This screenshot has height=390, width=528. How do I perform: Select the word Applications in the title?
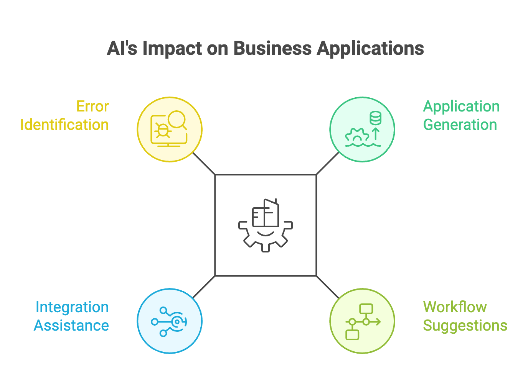(x=370, y=49)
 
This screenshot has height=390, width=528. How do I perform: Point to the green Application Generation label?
(x=461, y=116)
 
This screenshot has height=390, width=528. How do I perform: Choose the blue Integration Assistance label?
(x=72, y=316)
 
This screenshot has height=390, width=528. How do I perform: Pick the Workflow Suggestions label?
(x=465, y=316)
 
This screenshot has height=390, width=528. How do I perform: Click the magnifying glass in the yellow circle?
(x=177, y=119)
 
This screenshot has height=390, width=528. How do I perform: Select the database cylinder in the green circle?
(x=375, y=118)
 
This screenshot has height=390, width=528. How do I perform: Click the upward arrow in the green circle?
(x=376, y=134)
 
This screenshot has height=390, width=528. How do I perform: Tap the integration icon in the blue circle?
(x=169, y=322)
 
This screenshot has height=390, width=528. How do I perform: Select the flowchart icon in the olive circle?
(x=362, y=322)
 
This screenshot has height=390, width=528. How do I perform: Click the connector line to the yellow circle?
(x=204, y=164)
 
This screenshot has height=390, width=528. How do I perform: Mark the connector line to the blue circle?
(x=204, y=287)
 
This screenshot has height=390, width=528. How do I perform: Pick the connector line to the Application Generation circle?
(x=328, y=164)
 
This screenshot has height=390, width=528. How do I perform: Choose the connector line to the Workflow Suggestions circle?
(x=328, y=287)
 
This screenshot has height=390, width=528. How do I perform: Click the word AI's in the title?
(x=122, y=49)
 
